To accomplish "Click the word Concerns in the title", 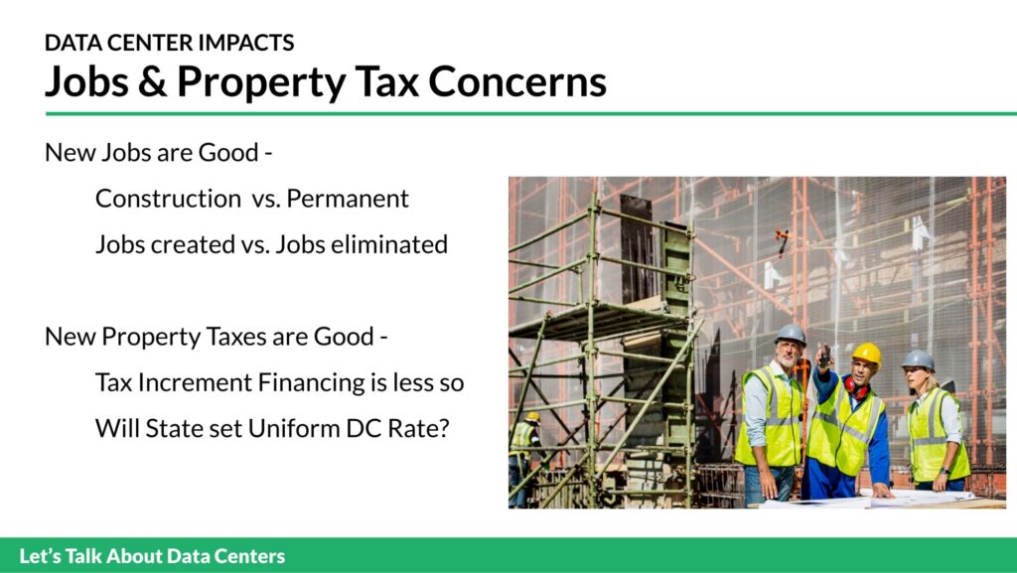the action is [516, 81].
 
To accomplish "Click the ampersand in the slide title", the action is [152, 81].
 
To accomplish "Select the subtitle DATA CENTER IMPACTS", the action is [169, 43].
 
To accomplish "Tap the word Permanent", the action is [348, 199].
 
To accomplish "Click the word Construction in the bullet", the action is [168, 199].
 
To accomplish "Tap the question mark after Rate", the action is [444, 428].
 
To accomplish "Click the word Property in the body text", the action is [151, 337].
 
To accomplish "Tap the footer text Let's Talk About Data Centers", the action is [152, 556].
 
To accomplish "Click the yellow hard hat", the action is [866, 354].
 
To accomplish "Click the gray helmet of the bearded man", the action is [790, 334].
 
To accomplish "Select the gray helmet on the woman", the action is [918, 359].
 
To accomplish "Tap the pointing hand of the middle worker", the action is [823, 356].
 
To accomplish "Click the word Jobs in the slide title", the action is [87, 81].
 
